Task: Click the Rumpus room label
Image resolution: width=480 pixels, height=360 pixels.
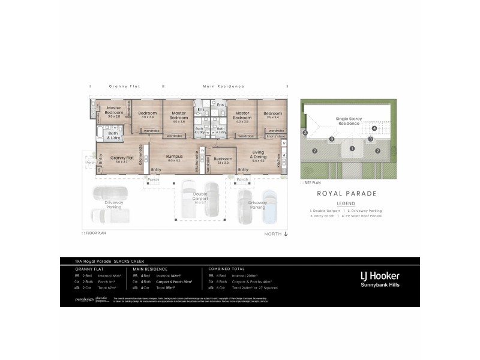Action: pyautogui.click(x=175, y=157)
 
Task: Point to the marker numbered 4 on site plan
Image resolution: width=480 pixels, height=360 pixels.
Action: pyautogui.click(x=374, y=128)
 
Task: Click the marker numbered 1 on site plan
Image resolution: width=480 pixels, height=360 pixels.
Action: pyautogui.click(x=352, y=148)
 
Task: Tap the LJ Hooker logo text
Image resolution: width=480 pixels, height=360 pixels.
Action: pyautogui.click(x=379, y=276)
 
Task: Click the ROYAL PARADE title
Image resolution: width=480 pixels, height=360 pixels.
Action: pyautogui.click(x=346, y=194)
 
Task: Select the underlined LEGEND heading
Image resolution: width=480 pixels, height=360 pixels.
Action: pyautogui.click(x=346, y=204)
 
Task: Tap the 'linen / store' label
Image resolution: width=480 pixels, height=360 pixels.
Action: pyautogui.click(x=277, y=137)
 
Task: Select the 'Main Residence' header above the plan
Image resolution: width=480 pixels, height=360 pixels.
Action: pyautogui.click(x=217, y=86)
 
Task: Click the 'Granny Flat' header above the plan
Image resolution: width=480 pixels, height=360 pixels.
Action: pyautogui.click(x=124, y=86)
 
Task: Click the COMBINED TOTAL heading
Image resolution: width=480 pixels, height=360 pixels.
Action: pyautogui.click(x=226, y=269)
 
